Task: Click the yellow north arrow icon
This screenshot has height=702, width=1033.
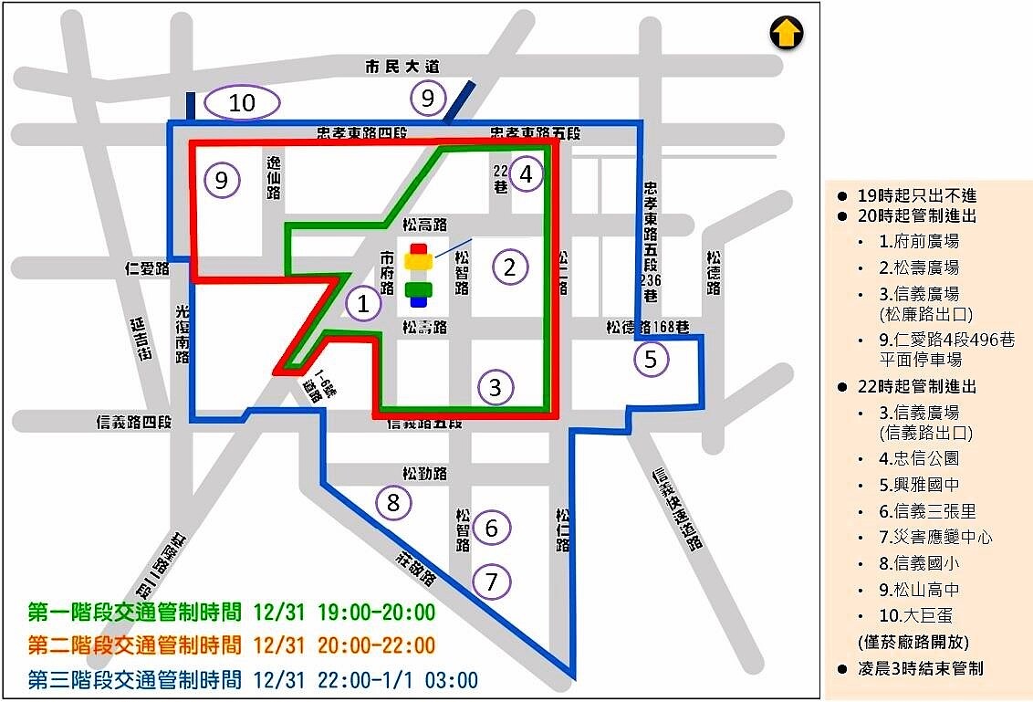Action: [786, 35]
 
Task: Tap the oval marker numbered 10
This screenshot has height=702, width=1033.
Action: [242, 103]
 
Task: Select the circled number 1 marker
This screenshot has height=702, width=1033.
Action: [364, 303]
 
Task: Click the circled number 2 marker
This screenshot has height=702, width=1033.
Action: [510, 267]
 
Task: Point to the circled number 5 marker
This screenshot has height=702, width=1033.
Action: [651, 359]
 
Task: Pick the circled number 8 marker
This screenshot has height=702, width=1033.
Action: [393, 502]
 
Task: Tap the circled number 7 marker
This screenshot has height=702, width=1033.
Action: [492, 581]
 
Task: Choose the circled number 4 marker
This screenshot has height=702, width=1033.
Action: [527, 173]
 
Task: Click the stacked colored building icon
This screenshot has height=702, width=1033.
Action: [419, 274]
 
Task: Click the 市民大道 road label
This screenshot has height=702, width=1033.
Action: [402, 67]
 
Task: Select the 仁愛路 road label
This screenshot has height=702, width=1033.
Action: [148, 269]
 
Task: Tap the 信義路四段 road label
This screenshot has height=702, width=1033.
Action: [134, 422]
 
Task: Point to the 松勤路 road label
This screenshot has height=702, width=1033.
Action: [424, 474]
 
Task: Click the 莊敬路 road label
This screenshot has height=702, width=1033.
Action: [415, 566]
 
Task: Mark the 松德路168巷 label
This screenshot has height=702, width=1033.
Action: [645, 326]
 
